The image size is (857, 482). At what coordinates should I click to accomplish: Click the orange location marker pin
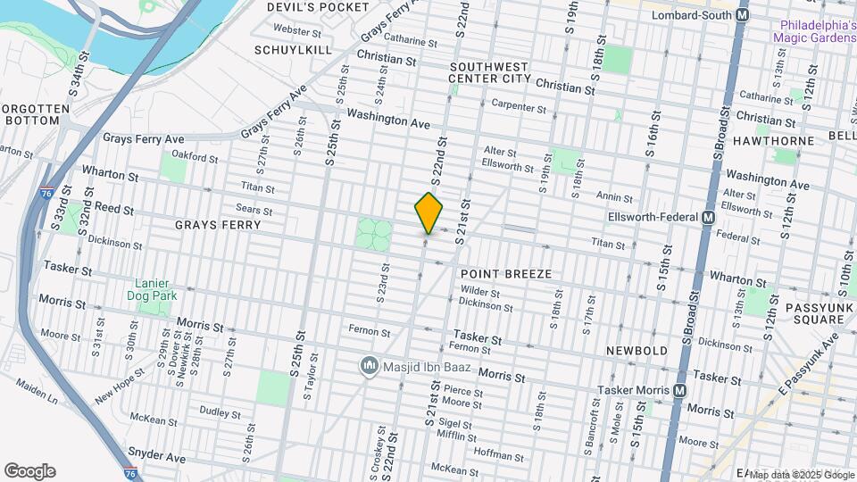point(429,212)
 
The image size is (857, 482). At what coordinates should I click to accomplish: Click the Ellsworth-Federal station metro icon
point(708,218)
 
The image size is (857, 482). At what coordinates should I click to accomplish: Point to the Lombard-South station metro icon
point(740,16)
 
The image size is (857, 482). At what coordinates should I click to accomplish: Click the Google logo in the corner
point(29,471)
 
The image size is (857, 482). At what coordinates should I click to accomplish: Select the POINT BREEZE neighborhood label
point(506,273)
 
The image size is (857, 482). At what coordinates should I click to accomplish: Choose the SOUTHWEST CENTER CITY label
point(490,72)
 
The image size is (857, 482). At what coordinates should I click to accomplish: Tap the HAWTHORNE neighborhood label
point(773,141)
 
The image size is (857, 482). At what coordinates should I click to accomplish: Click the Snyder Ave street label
point(156,456)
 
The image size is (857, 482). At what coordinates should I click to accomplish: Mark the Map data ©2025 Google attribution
point(801,474)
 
